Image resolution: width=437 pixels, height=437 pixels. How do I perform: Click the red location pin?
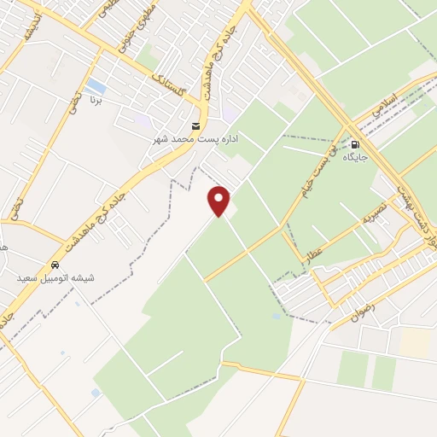(219, 201)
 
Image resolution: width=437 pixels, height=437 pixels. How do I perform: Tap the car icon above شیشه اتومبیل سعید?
(55, 265)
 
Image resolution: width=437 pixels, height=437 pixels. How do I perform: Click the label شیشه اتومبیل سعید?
(55, 278)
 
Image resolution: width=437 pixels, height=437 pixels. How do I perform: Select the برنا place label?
(96, 101)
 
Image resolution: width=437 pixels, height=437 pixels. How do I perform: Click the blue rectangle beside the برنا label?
(96, 87)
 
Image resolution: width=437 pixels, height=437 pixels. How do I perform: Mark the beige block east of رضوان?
(416, 342)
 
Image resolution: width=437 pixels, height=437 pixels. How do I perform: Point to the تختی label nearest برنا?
(74, 109)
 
